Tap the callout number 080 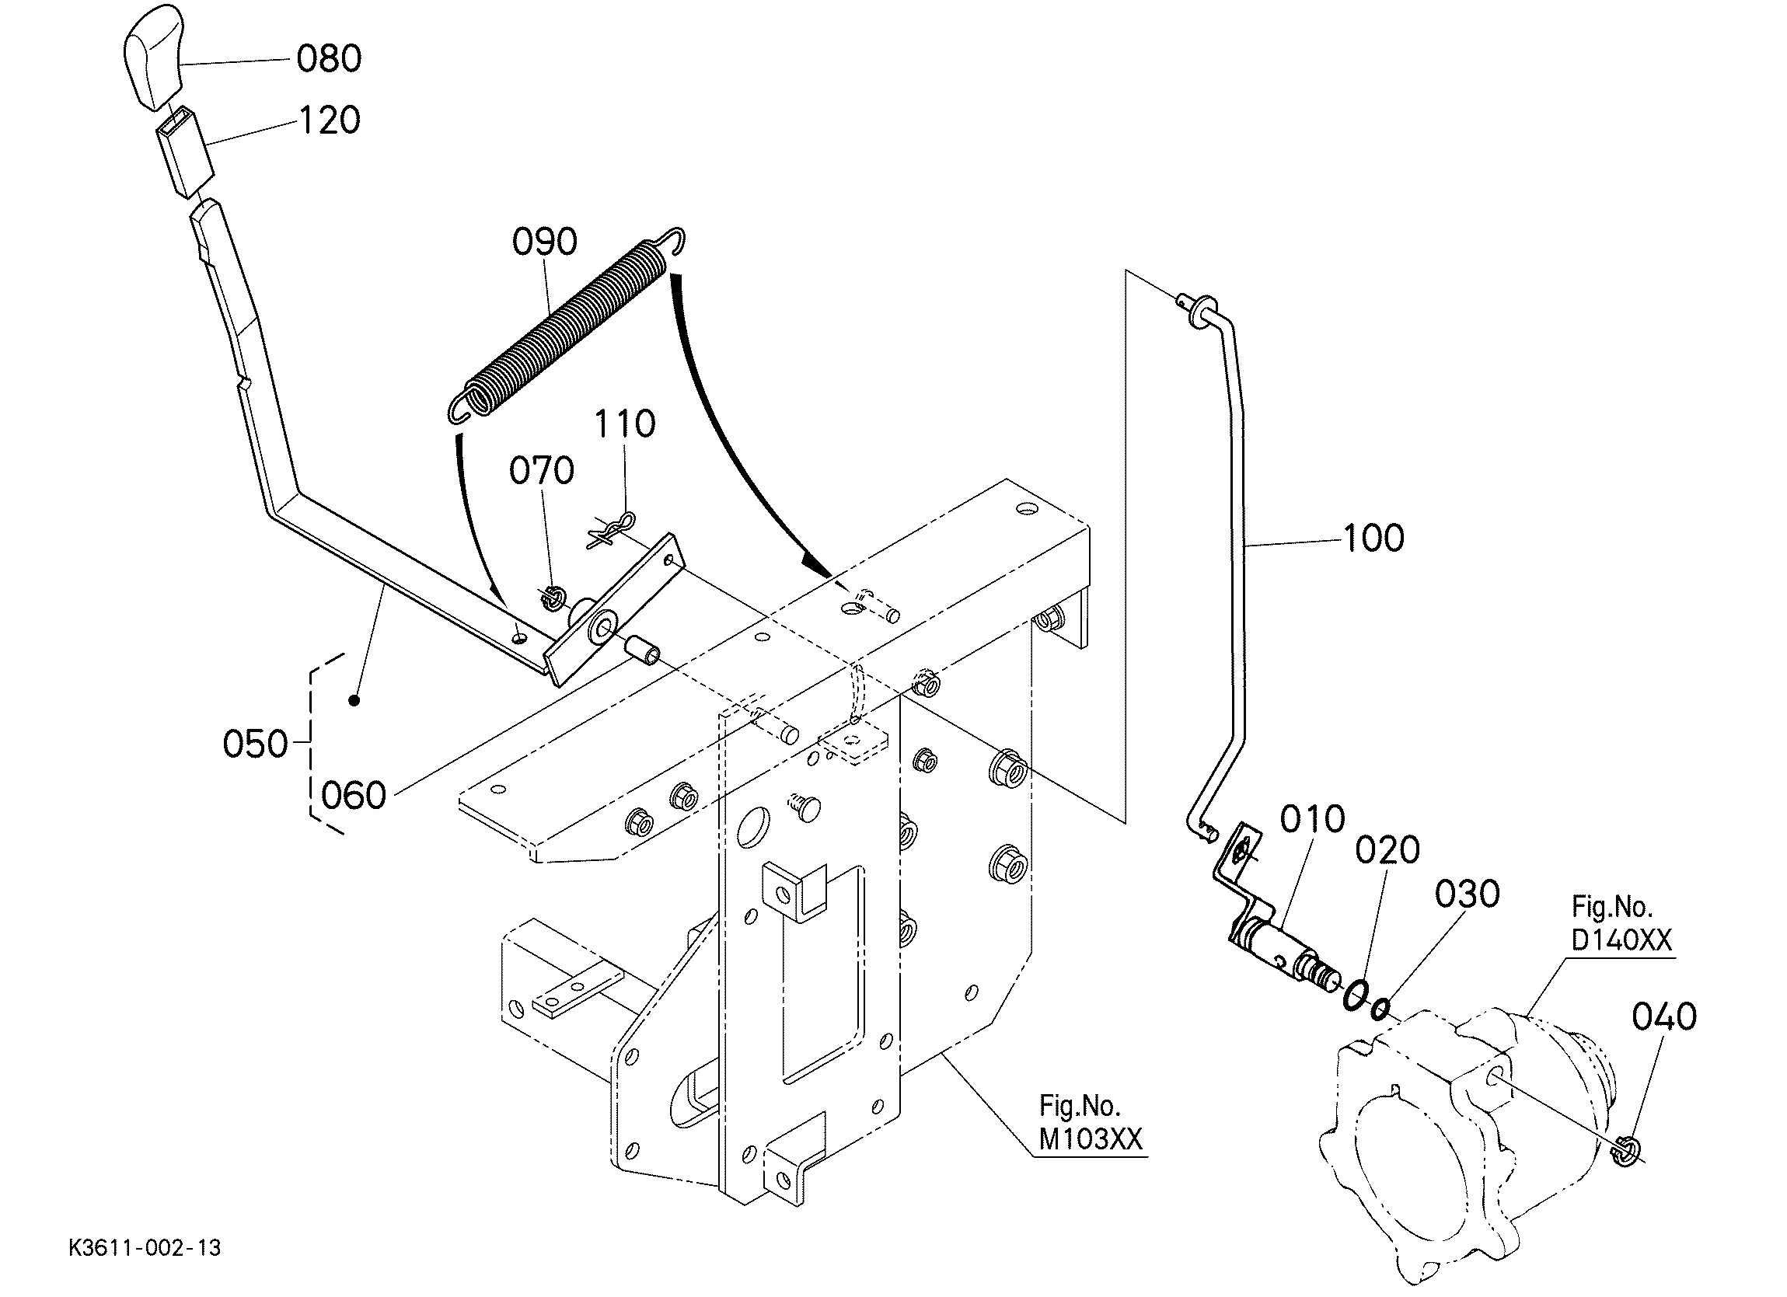pyautogui.click(x=330, y=59)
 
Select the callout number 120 pyautogui.click(x=330, y=120)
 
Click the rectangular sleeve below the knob pyautogui.click(x=186, y=151)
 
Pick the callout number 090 pyautogui.click(x=544, y=242)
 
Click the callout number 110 pyautogui.click(x=624, y=424)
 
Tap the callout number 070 pyautogui.click(x=541, y=471)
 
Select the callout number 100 pyautogui.click(x=1373, y=539)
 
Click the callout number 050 pyautogui.click(x=255, y=744)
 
